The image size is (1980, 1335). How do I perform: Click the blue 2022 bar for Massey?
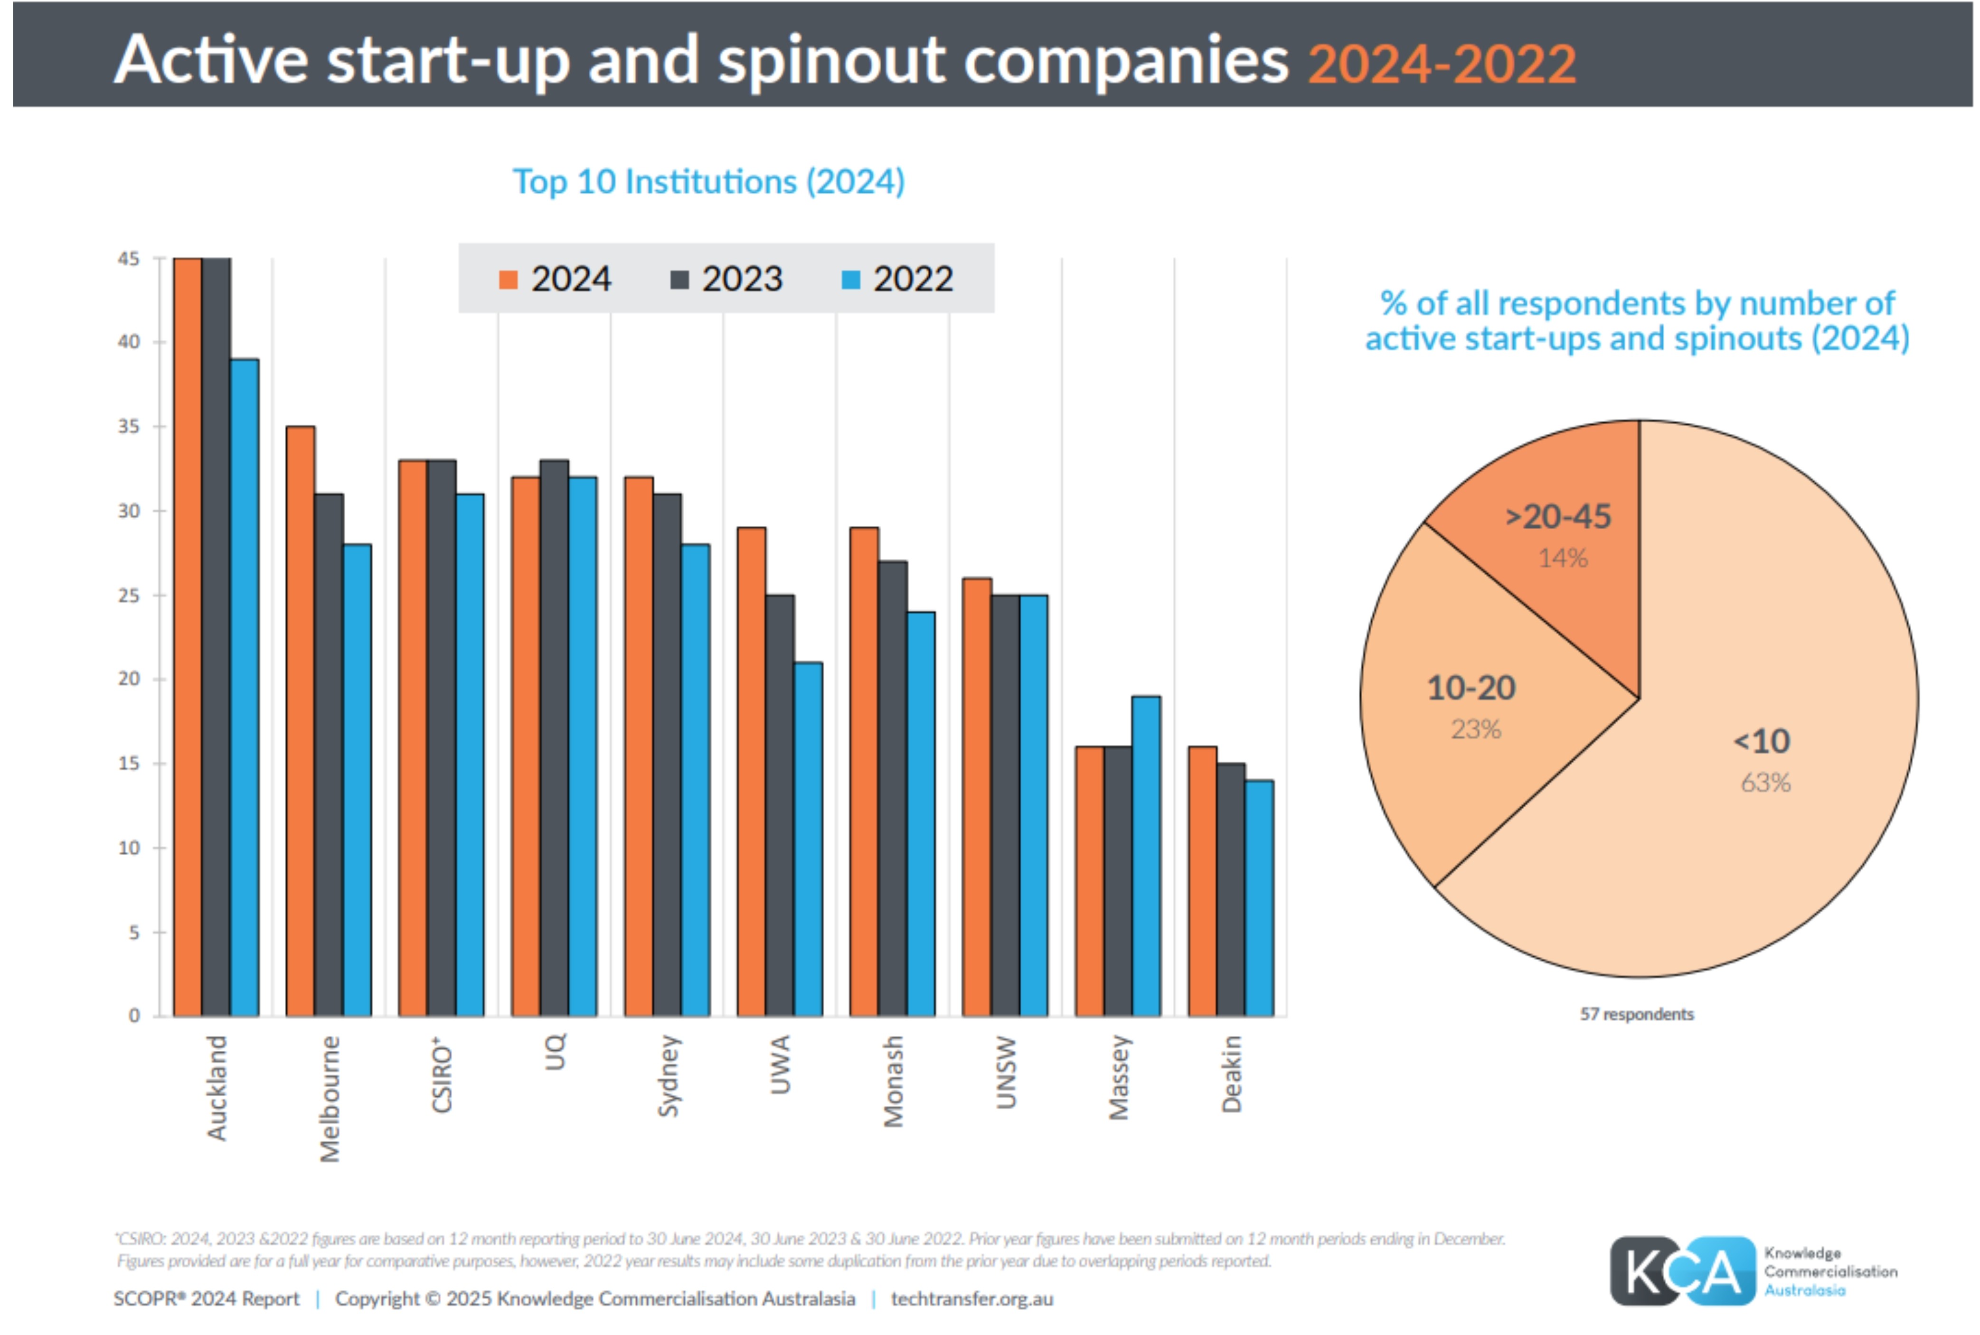point(1145,856)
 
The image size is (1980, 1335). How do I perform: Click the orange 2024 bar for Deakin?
point(1202,881)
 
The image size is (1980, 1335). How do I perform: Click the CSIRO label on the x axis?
point(441,1074)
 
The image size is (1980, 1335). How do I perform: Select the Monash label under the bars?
point(893,1081)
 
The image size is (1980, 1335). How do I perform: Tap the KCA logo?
point(1682,1271)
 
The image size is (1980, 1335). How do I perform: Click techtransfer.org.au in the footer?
point(971,1298)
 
